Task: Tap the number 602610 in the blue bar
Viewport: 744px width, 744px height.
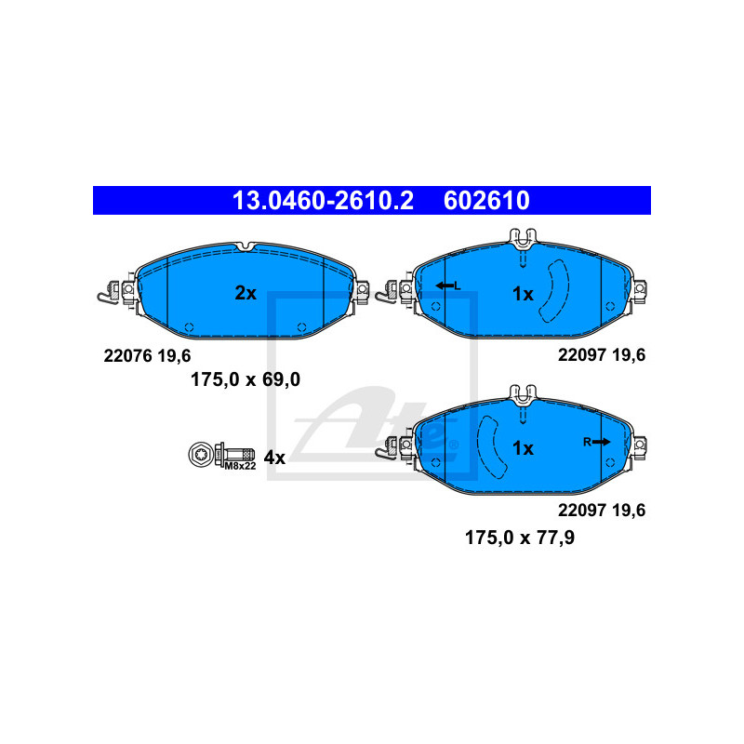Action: pyautogui.click(x=486, y=200)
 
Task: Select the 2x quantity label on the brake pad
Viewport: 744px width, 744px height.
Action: pyautogui.click(x=245, y=293)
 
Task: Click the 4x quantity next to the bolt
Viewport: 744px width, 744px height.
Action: pyautogui.click(x=273, y=457)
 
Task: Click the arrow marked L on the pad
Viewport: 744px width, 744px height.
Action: pyautogui.click(x=447, y=286)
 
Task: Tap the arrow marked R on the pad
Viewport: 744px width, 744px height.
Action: pyautogui.click(x=597, y=442)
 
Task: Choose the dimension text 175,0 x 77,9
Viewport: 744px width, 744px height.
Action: pyautogui.click(x=519, y=537)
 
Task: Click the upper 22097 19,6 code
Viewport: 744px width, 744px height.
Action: pyautogui.click(x=601, y=354)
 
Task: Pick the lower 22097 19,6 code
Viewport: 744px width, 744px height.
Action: pyautogui.click(x=601, y=510)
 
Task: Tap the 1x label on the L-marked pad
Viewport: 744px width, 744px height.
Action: pyautogui.click(x=523, y=294)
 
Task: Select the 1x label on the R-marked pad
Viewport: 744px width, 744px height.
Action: pyautogui.click(x=523, y=448)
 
